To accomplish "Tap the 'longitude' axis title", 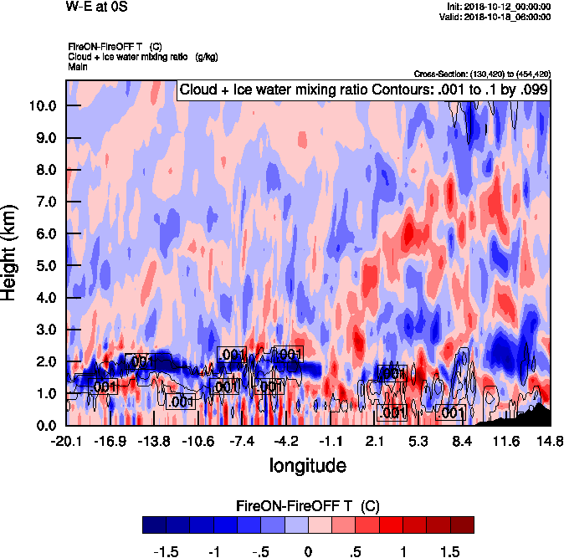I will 307,464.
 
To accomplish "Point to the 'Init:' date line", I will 499,6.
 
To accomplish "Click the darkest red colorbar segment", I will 462,525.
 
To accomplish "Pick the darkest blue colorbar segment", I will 154,525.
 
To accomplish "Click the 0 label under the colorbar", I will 308,552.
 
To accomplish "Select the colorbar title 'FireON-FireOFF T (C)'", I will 308,506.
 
